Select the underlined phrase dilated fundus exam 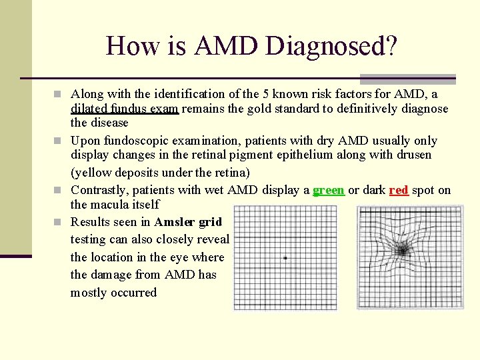click(x=124, y=109)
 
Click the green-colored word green click(x=328, y=190)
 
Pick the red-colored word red click(x=398, y=190)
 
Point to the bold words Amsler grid click(x=188, y=222)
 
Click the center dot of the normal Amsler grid click(x=285, y=258)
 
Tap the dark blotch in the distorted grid click(x=403, y=250)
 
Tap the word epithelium click(x=327, y=155)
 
